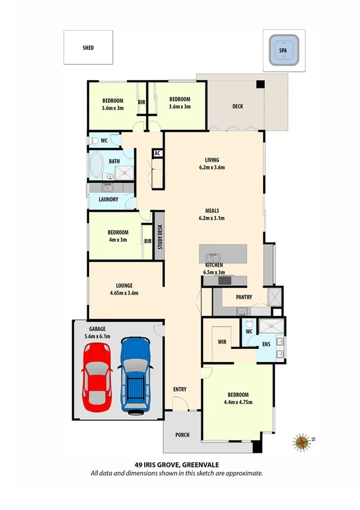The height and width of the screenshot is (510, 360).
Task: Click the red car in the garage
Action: coord(96,379)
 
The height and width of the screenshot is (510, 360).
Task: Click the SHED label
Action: coord(88,47)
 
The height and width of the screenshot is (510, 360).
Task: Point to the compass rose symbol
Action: coord(302,443)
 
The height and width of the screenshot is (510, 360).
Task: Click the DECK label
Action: coord(237,106)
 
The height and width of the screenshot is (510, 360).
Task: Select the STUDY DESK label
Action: coord(160,236)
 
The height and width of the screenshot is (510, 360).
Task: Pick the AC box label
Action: coord(157,153)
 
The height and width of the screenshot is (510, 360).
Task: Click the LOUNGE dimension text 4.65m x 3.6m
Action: coord(124,293)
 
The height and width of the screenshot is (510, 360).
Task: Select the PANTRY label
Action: coord(243,297)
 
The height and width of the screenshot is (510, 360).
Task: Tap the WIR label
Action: coord(221,342)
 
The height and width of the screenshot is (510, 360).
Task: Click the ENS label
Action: coord(266,345)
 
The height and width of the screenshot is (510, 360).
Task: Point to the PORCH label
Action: coord(182,435)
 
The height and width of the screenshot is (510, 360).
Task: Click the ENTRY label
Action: coord(180,390)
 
